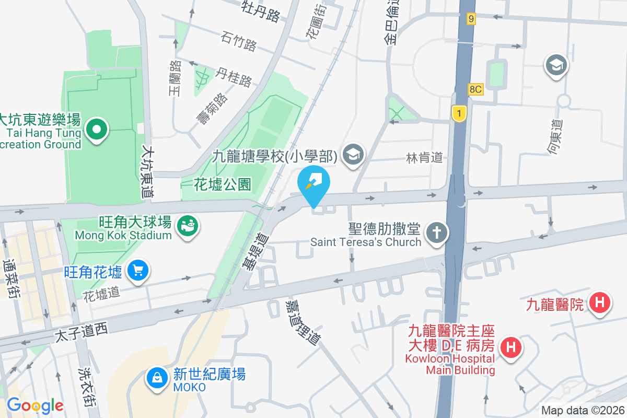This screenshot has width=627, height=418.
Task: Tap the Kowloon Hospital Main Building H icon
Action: [x=510, y=347]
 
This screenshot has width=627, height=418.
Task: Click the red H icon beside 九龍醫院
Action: [x=599, y=303]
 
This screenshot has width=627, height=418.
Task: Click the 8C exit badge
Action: [x=475, y=89]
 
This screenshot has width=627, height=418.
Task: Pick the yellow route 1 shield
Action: [x=459, y=113]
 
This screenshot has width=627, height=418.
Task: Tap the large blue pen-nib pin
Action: [x=314, y=184]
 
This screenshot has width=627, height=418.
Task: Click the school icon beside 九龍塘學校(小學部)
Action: [x=354, y=155]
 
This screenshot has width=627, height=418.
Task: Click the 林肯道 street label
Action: [x=424, y=157]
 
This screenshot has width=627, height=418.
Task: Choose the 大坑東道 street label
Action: [x=147, y=171]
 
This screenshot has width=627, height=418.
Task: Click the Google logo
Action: [x=34, y=405]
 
